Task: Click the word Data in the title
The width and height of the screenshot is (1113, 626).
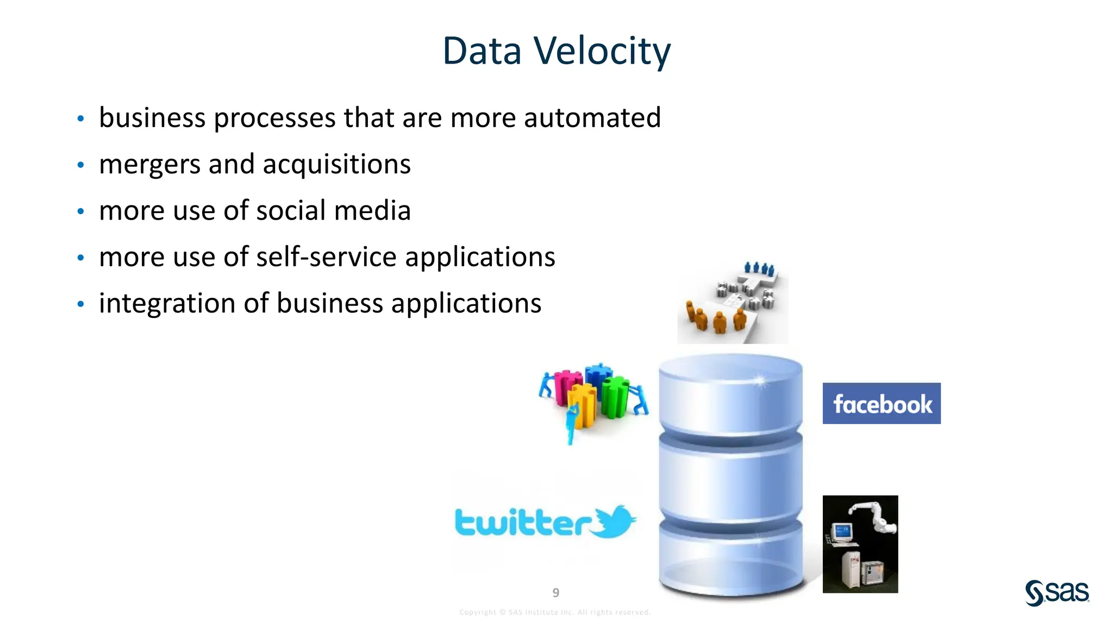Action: [x=482, y=51]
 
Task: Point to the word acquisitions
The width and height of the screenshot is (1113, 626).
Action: [x=336, y=165]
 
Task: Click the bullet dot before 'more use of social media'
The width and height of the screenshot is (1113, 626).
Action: [x=80, y=211]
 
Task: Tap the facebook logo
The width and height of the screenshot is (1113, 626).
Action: [x=881, y=404]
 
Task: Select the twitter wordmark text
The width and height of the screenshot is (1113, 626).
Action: [x=522, y=523]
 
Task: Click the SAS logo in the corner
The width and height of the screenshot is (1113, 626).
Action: [x=1056, y=592]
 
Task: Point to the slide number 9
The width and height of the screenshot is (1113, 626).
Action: [x=555, y=593]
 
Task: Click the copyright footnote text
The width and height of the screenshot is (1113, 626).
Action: [x=555, y=612]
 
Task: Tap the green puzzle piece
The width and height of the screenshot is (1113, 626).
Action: [x=615, y=397]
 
